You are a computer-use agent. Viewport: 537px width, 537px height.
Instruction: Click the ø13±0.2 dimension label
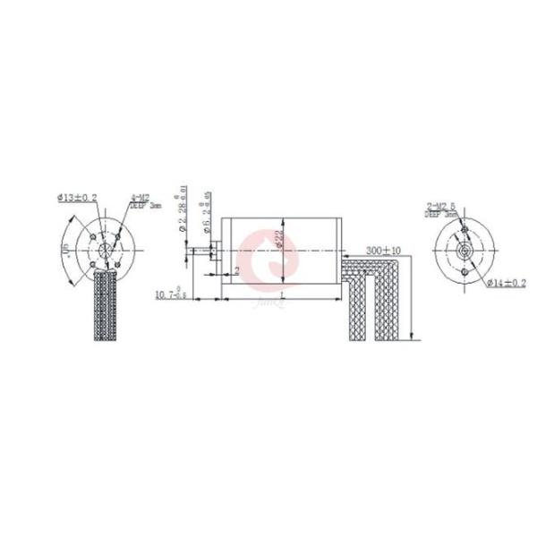78,199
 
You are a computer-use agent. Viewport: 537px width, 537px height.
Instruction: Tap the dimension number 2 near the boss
236,270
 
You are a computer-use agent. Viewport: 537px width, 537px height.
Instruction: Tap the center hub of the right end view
466,251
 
